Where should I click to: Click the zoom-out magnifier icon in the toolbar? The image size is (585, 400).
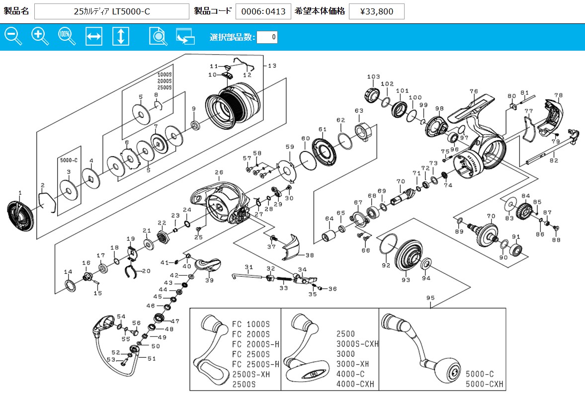[x=13, y=36]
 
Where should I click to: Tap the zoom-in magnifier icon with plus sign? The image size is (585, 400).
[x=40, y=36]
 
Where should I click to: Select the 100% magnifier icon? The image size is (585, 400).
[x=67, y=36]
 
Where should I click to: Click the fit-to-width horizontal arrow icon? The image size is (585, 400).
[x=94, y=36]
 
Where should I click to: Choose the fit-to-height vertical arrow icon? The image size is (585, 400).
[x=121, y=36]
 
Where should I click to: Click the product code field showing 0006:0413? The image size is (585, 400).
[x=263, y=11]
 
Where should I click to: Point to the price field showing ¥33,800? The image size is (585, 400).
[x=376, y=11]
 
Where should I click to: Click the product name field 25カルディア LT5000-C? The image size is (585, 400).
[x=112, y=11]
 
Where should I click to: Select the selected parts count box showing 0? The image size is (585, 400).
[x=267, y=37]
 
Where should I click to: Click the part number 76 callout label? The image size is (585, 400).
[x=473, y=91]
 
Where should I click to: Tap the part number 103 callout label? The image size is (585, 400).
[x=373, y=77]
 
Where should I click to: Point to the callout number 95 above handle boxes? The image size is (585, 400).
[x=430, y=298]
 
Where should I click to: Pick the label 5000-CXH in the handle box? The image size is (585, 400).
[x=484, y=384]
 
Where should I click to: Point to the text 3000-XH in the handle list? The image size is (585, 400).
[x=352, y=364]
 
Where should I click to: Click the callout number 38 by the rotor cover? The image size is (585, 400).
[x=310, y=255]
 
